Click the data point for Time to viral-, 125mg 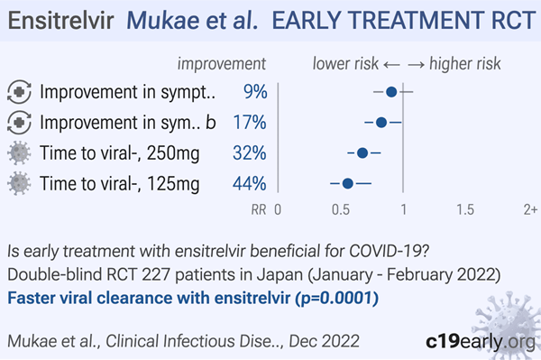click(347, 183)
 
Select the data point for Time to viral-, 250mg click(362, 152)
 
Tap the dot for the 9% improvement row click(391, 92)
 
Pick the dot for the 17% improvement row click(381, 122)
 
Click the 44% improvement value click(250, 183)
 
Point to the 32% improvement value click(250, 152)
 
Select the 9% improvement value click(255, 92)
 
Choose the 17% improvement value click(250, 122)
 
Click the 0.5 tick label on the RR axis click(341, 210)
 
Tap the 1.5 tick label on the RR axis click(465, 210)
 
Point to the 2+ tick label click(531, 210)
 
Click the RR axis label click(259, 210)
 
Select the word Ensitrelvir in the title click(60, 21)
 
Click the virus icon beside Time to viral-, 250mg click(19, 152)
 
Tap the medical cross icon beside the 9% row click(19, 92)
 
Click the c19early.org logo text click(481, 342)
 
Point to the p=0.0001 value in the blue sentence click(340, 299)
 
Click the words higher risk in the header click(464, 64)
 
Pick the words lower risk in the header click(345, 64)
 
